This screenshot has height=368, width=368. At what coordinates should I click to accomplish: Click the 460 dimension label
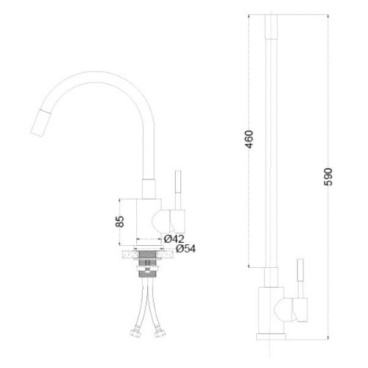point(250,139)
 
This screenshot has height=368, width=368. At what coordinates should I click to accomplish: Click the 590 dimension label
point(328,177)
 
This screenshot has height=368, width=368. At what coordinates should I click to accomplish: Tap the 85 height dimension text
point(120,222)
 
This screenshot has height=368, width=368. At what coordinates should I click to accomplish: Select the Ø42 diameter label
point(174,238)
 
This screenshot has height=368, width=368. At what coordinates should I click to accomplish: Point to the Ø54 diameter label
point(185,249)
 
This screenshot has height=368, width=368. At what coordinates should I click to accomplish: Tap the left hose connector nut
point(134,333)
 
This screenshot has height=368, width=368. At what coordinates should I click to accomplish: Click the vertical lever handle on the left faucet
point(178,190)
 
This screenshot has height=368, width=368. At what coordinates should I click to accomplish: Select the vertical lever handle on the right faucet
point(300,278)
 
